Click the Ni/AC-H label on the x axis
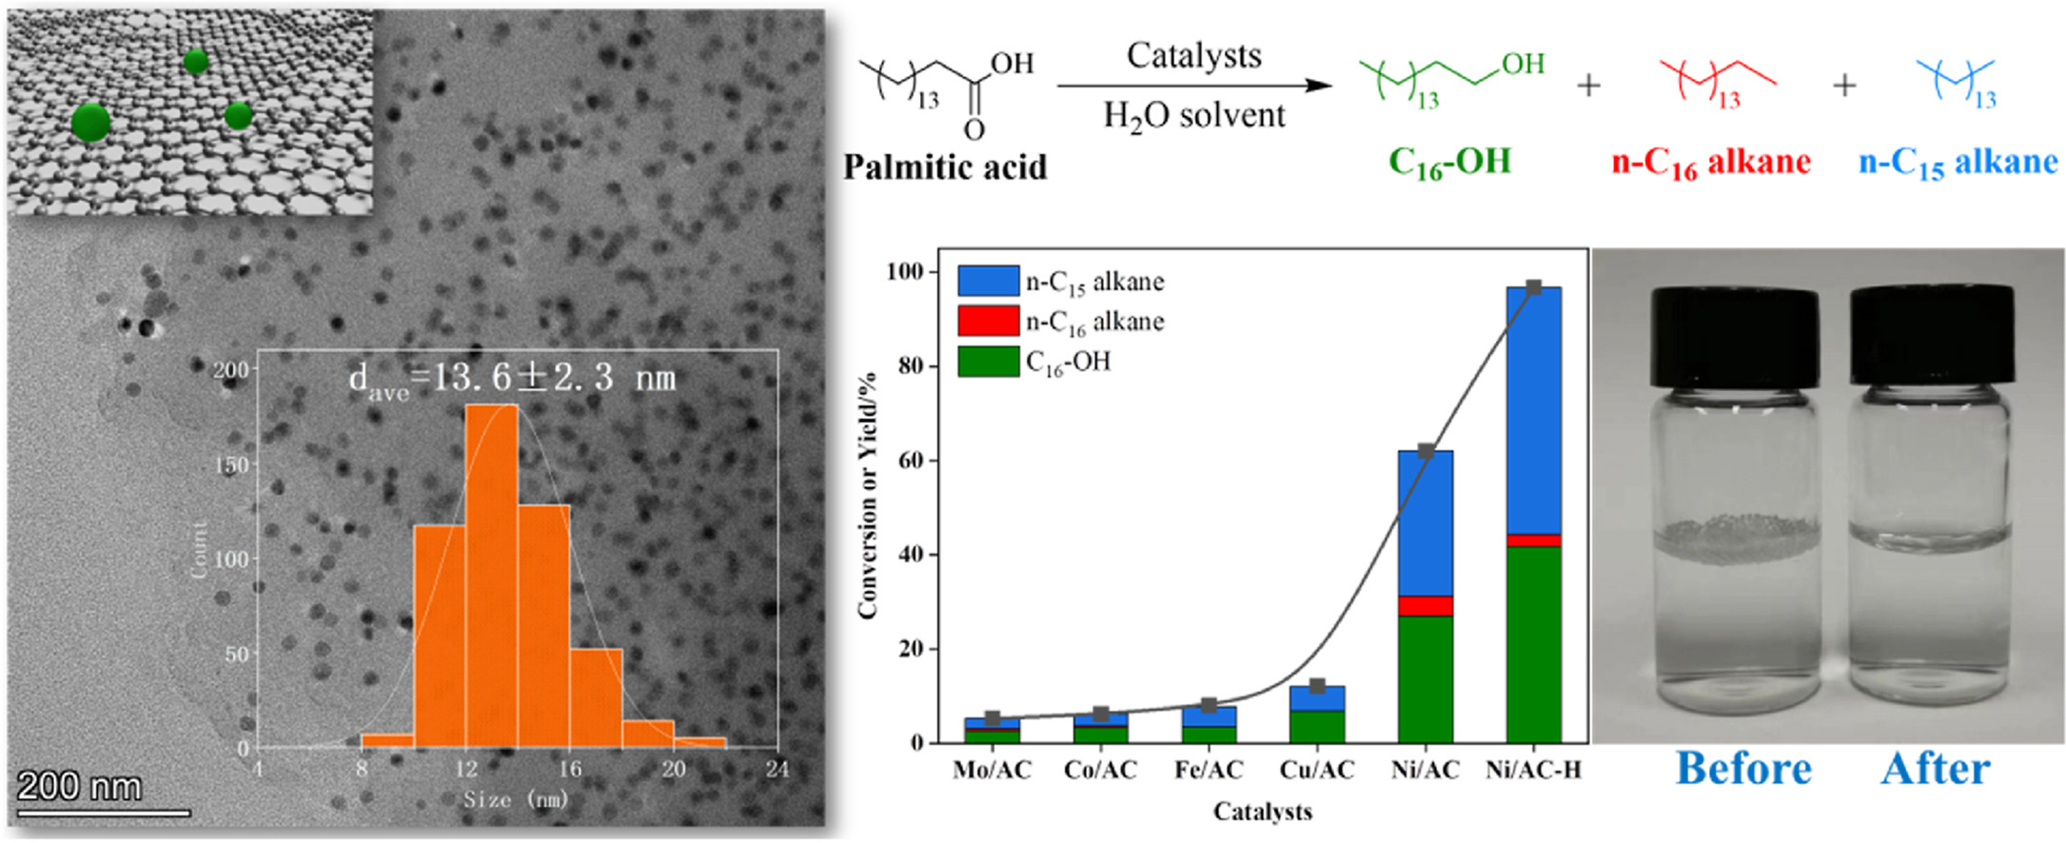tap(1533, 770)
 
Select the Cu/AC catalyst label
tap(1317, 770)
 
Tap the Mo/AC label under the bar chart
tap(992, 770)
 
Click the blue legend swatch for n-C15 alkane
tap(988, 281)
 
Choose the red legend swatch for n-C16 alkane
tap(988, 321)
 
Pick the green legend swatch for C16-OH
tap(988, 362)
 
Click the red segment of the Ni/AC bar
tap(1425, 605)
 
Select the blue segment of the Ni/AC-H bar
tap(1533, 409)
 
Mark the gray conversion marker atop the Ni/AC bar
tap(1426, 451)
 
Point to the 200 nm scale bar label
tap(80, 787)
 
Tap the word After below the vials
tap(1935, 769)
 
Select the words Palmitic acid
tap(944, 167)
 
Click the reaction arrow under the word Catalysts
tap(1194, 85)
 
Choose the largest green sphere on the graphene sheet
tap(91, 123)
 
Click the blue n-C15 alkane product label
tap(1958, 163)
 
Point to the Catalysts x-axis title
tap(1262, 812)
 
